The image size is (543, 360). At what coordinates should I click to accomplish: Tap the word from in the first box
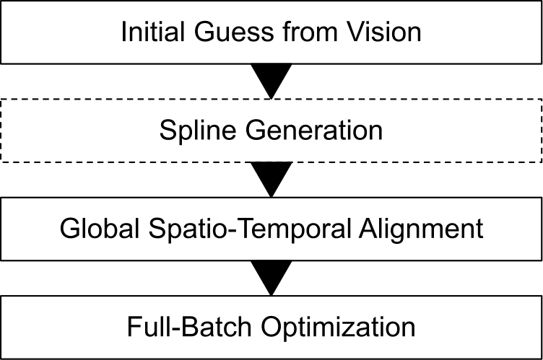coord(305,32)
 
